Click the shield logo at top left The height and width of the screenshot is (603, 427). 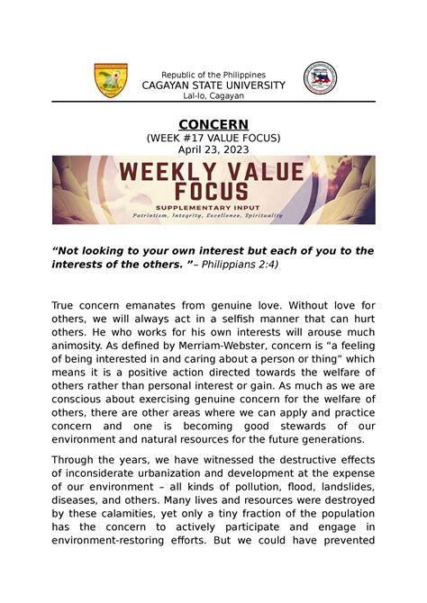tap(112, 80)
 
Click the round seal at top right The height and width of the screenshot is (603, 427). tap(320, 78)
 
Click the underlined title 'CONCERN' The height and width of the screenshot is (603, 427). tap(213, 124)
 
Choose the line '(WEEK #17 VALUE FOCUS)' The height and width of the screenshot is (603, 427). tap(213, 138)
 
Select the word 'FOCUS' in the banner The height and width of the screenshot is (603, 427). tap(213, 191)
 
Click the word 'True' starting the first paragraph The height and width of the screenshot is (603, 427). tap(66, 307)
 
